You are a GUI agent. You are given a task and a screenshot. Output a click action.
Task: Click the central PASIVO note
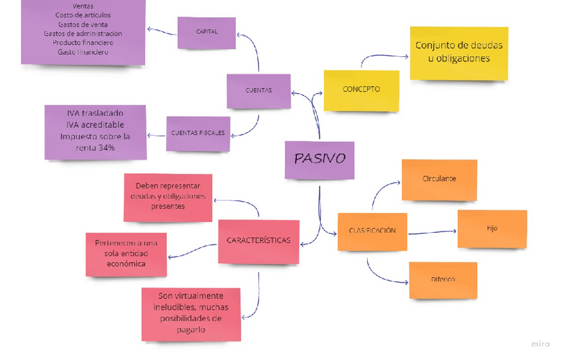319,160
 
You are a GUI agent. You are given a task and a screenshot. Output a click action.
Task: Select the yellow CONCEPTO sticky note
361,90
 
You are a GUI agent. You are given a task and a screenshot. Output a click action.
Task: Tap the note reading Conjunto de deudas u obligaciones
459,53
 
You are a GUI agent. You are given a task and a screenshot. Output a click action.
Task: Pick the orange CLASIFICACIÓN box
372,231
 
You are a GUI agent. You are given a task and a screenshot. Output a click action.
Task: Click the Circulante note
439,180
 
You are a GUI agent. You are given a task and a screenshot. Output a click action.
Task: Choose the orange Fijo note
492,229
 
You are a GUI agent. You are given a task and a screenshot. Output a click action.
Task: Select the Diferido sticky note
443,280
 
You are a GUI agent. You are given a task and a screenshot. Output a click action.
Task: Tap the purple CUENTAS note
258,91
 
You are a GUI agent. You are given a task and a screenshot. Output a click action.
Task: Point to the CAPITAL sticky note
206,32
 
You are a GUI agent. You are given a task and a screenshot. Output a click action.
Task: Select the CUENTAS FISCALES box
197,133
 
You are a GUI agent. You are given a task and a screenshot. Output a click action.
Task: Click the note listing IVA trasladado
95,131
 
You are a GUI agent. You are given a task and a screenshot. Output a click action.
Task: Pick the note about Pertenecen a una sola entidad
126,254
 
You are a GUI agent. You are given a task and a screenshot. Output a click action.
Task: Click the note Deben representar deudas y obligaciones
168,197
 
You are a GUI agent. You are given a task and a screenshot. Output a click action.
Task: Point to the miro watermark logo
540,343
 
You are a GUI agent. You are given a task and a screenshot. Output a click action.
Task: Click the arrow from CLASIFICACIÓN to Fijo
432,232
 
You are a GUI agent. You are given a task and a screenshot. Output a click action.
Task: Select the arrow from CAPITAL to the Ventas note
161,30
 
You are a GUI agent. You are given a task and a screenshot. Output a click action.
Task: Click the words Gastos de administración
83,34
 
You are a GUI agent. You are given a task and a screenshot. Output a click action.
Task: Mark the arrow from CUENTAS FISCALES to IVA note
156,135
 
